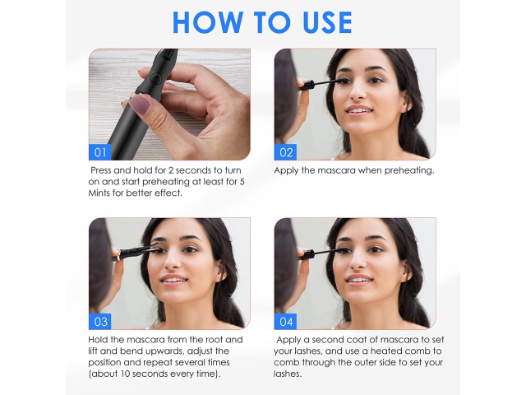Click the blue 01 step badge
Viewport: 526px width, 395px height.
(x=99, y=152)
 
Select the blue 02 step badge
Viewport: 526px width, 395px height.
(x=285, y=152)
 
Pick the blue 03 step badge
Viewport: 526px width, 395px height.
(x=99, y=322)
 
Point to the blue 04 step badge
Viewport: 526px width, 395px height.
(x=285, y=322)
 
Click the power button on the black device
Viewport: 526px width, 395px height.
(x=155, y=78)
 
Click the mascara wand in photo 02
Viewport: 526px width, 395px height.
(x=323, y=81)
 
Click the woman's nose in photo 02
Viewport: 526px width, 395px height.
(x=358, y=92)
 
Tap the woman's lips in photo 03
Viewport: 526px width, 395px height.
(x=173, y=280)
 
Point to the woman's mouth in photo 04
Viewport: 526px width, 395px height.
(x=358, y=280)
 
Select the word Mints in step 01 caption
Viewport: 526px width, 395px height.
(x=99, y=193)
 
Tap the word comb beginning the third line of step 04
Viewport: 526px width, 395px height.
(x=286, y=362)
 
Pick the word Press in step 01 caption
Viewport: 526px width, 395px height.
(x=100, y=170)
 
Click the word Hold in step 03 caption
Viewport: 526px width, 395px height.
(x=98, y=340)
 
